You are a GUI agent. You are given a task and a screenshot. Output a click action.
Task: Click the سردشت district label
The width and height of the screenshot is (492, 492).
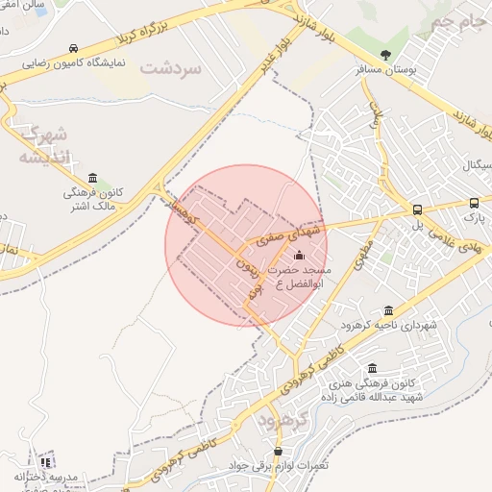172,68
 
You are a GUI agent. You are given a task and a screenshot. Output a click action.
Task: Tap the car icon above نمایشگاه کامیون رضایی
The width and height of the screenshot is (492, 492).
74,49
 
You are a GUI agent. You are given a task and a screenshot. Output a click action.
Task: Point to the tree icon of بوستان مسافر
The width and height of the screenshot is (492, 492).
386,55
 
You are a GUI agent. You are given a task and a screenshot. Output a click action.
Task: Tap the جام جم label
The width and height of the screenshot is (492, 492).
452,21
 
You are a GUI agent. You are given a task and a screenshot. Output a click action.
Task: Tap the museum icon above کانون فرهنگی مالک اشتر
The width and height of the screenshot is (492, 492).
92,177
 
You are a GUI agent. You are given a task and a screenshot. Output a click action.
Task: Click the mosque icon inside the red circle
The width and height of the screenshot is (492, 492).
298,256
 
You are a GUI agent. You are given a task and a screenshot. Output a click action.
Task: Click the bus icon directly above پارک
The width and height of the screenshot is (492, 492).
474,204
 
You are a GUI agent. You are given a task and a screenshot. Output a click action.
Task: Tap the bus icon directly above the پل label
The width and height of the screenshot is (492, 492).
417,209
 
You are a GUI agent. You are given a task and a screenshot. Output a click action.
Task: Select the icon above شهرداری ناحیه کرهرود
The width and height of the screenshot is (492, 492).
388,310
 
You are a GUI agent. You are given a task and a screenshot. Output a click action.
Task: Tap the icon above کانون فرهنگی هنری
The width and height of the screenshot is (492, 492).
372,369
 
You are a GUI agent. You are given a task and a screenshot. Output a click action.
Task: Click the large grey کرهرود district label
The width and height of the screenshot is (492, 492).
282,421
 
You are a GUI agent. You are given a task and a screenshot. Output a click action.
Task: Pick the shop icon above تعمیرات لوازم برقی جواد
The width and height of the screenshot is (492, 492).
278,450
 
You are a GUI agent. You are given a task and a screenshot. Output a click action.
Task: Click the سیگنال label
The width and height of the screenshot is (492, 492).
472,167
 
